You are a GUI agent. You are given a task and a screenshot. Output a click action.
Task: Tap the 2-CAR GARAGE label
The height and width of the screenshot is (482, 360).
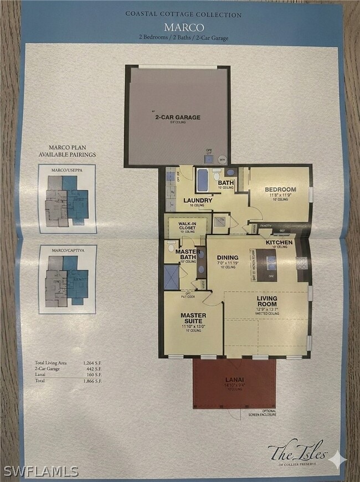pos(177,117)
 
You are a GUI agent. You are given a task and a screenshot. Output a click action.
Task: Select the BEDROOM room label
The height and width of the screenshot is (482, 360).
pos(280,189)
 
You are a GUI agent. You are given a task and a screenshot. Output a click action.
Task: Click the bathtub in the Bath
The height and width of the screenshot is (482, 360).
pos(202,179)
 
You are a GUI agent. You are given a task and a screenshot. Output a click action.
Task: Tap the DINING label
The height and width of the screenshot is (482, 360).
pos(228,257)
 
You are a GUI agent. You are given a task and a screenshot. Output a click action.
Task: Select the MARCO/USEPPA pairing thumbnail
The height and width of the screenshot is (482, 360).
pos(67,198)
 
